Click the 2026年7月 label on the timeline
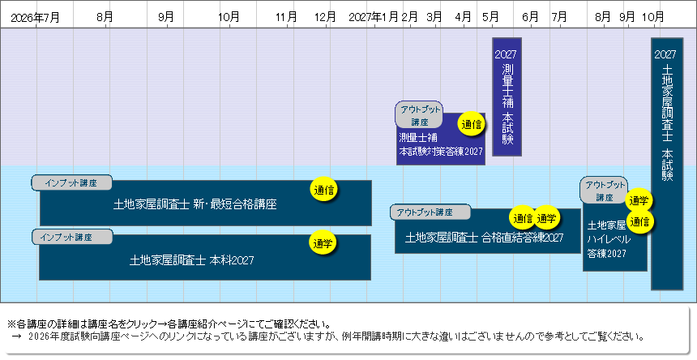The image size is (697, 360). tap(35, 18)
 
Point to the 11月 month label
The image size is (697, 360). tap(286, 17)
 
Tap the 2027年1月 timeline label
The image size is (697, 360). tap(374, 17)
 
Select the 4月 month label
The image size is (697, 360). tap(464, 17)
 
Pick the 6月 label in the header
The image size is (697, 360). tap(530, 17)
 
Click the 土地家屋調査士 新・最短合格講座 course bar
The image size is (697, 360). tap(206, 204)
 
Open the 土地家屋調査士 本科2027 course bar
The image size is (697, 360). tap(205, 258)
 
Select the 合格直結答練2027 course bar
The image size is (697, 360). tap(488, 231)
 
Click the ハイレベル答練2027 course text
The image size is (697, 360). tap(609, 239)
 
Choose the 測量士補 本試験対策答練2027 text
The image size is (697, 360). tap(441, 144)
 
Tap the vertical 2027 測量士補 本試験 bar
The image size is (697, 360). tap(507, 96)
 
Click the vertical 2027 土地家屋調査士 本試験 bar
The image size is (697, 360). tap(667, 164)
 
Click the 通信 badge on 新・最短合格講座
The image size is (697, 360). tap(323, 191)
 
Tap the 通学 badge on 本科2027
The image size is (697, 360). tap(323, 243)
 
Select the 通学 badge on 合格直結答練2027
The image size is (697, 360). tap(546, 218)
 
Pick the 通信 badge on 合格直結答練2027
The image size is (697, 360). tap(523, 218)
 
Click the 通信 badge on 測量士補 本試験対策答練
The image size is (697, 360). tap(472, 124)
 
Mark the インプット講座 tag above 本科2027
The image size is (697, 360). tap(72, 238)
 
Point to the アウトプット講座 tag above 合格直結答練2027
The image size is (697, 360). tap(430, 212)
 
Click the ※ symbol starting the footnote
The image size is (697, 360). tap(11, 324)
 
